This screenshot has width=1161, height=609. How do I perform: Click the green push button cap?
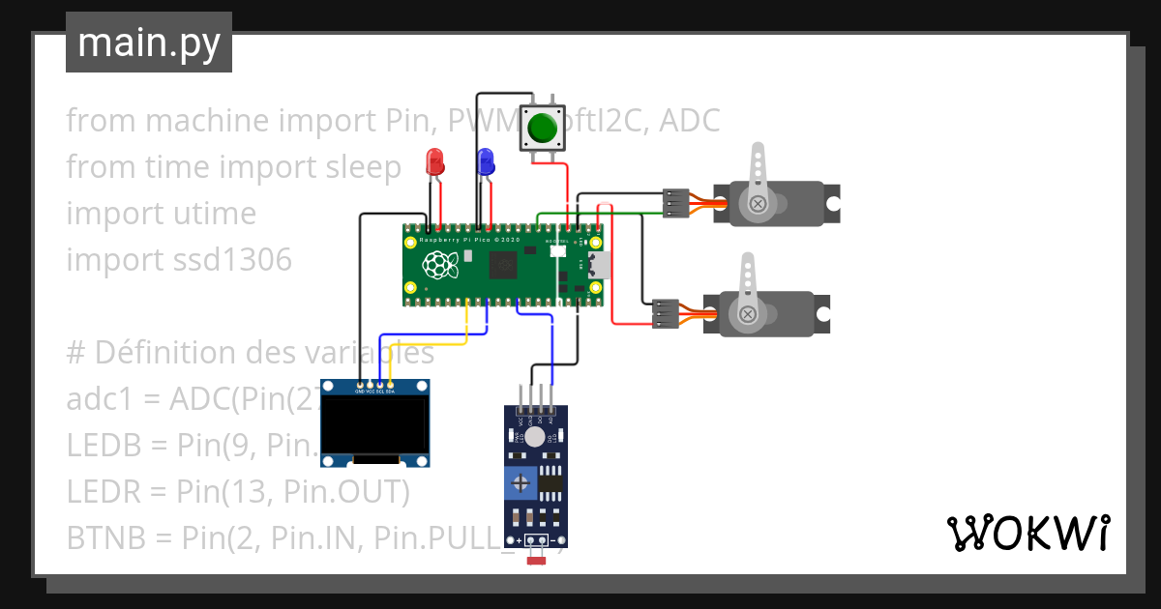(x=543, y=128)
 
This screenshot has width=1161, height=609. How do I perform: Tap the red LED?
(x=435, y=160)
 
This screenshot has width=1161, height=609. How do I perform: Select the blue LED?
(x=485, y=160)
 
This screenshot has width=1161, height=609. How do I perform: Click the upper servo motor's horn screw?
(x=759, y=203)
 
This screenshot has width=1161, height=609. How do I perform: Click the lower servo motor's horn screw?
(x=748, y=313)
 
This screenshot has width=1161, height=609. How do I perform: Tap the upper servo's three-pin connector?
(x=675, y=204)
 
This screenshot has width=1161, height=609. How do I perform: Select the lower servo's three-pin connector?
(x=665, y=313)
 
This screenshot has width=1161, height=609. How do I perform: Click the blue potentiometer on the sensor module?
(x=521, y=481)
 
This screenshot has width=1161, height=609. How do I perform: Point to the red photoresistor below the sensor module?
(x=536, y=560)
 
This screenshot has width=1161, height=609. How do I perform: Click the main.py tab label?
(x=149, y=43)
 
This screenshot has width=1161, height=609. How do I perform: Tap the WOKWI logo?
(x=1027, y=533)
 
